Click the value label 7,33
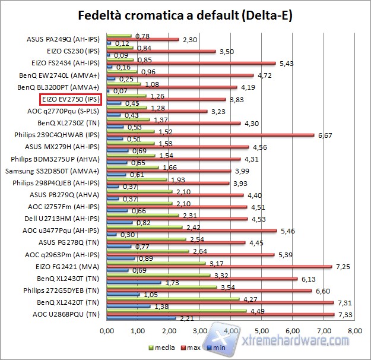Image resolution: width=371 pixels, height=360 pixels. tap(345, 314)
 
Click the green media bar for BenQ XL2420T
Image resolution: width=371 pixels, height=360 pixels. tap(173, 299)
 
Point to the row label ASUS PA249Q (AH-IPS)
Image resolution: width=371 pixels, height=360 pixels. tap(65, 39)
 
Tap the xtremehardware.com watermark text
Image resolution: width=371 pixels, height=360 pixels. tap(297, 340)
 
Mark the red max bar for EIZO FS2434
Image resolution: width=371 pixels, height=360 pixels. tap(191, 63)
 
